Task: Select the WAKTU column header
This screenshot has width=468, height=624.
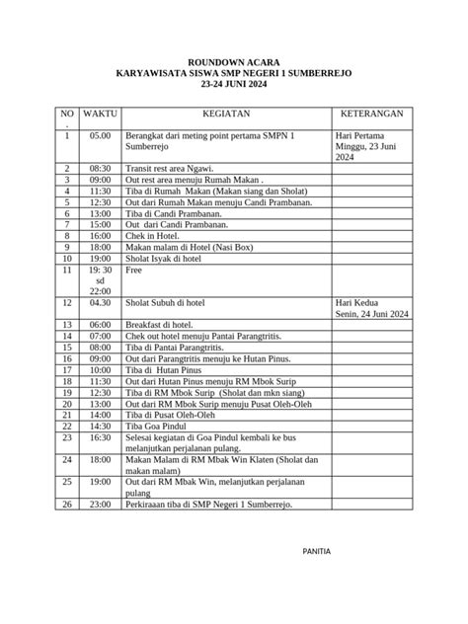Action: click(x=100, y=115)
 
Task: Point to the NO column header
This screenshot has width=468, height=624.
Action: click(x=67, y=115)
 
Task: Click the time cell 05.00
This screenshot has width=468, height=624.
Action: click(x=100, y=134)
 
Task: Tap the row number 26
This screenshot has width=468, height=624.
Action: click(x=67, y=504)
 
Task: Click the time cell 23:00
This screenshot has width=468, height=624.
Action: click(x=100, y=504)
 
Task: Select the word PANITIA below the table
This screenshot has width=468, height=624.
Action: click(x=316, y=549)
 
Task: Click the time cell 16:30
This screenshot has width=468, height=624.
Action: click(x=100, y=437)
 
